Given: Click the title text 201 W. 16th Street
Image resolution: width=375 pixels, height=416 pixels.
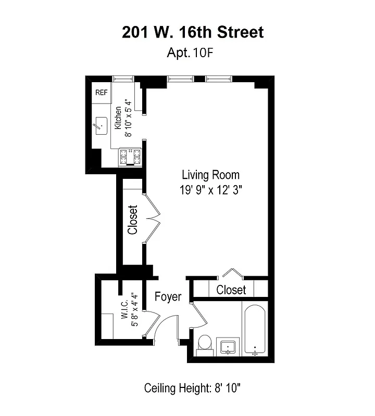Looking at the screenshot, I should point(193,32).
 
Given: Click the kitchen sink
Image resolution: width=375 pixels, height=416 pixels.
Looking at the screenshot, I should point(101,125).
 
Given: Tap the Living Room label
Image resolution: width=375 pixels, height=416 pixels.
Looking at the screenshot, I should point(210,175).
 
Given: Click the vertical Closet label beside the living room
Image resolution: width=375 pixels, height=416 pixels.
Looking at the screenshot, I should point(132,219).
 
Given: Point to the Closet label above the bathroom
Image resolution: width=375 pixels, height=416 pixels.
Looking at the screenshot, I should point(231,289).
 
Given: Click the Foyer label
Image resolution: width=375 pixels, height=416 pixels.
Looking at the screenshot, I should point(168,297).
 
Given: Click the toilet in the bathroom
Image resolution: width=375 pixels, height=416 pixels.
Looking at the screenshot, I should point(204,344).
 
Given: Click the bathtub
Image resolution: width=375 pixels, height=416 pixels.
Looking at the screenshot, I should point(255,329).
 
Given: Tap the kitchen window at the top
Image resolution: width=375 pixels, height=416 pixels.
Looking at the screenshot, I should point(123,79).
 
